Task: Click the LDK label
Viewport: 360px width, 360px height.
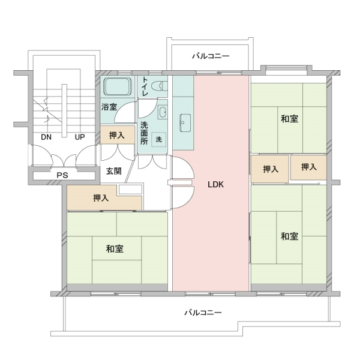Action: pos(215,185)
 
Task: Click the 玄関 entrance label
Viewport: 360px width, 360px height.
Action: pos(114,171)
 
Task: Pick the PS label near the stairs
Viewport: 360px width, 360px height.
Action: pos(62,175)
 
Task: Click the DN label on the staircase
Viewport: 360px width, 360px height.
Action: pos(46,137)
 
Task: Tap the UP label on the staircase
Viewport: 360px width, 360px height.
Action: pos(79,137)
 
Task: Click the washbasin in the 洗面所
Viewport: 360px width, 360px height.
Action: pos(162,112)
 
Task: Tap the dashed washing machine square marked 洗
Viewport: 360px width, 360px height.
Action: pos(159,139)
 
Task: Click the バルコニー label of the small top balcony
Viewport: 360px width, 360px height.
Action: pos(211,56)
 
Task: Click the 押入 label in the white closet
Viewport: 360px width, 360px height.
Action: pos(271,169)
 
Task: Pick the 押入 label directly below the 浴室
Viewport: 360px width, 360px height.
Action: pos(117,136)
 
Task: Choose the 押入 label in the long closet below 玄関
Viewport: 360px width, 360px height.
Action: pos(101,198)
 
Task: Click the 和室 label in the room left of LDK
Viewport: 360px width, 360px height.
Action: pos(115,248)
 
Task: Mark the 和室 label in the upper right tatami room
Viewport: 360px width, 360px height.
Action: pos(289,118)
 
